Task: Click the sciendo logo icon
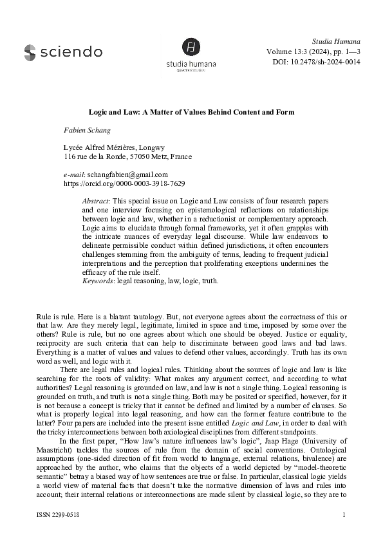31,51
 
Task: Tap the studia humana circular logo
189,46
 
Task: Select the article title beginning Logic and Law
191,112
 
